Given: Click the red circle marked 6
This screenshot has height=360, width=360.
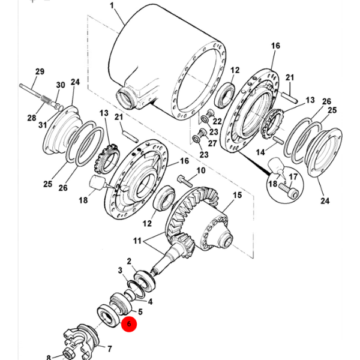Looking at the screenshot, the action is pyautogui.click(x=129, y=324).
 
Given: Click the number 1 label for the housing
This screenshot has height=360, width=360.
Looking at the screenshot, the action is pyautogui.click(x=112, y=5).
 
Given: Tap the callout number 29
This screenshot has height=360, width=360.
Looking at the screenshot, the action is pyautogui.click(x=40, y=71).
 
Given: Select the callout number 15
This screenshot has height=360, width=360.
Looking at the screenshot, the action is pyautogui.click(x=238, y=195).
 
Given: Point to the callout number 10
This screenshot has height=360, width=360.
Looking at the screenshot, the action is pyautogui.click(x=201, y=170).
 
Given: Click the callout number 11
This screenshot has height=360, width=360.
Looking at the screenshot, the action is pyautogui.click(x=137, y=241).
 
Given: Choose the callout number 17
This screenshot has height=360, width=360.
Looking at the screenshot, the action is pyautogui.click(x=293, y=177).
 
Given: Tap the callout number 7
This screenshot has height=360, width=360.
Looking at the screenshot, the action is pyautogui.click(x=110, y=349).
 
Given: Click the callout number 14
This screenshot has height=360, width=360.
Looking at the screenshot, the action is pyautogui.click(x=260, y=152).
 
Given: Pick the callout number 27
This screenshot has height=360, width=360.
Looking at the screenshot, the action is pyautogui.click(x=212, y=143).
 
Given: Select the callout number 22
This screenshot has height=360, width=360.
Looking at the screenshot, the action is pyautogui.click(x=217, y=121).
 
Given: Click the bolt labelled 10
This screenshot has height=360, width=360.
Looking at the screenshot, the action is pyautogui.click(x=185, y=181).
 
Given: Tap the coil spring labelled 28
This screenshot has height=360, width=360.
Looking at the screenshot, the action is pyautogui.click(x=47, y=100).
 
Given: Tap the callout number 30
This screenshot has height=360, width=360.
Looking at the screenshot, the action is pyautogui.click(x=61, y=85).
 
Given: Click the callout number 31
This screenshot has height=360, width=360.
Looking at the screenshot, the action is pyautogui.click(x=43, y=125).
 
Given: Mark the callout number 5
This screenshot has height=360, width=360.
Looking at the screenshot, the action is pyautogui.click(x=140, y=311).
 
